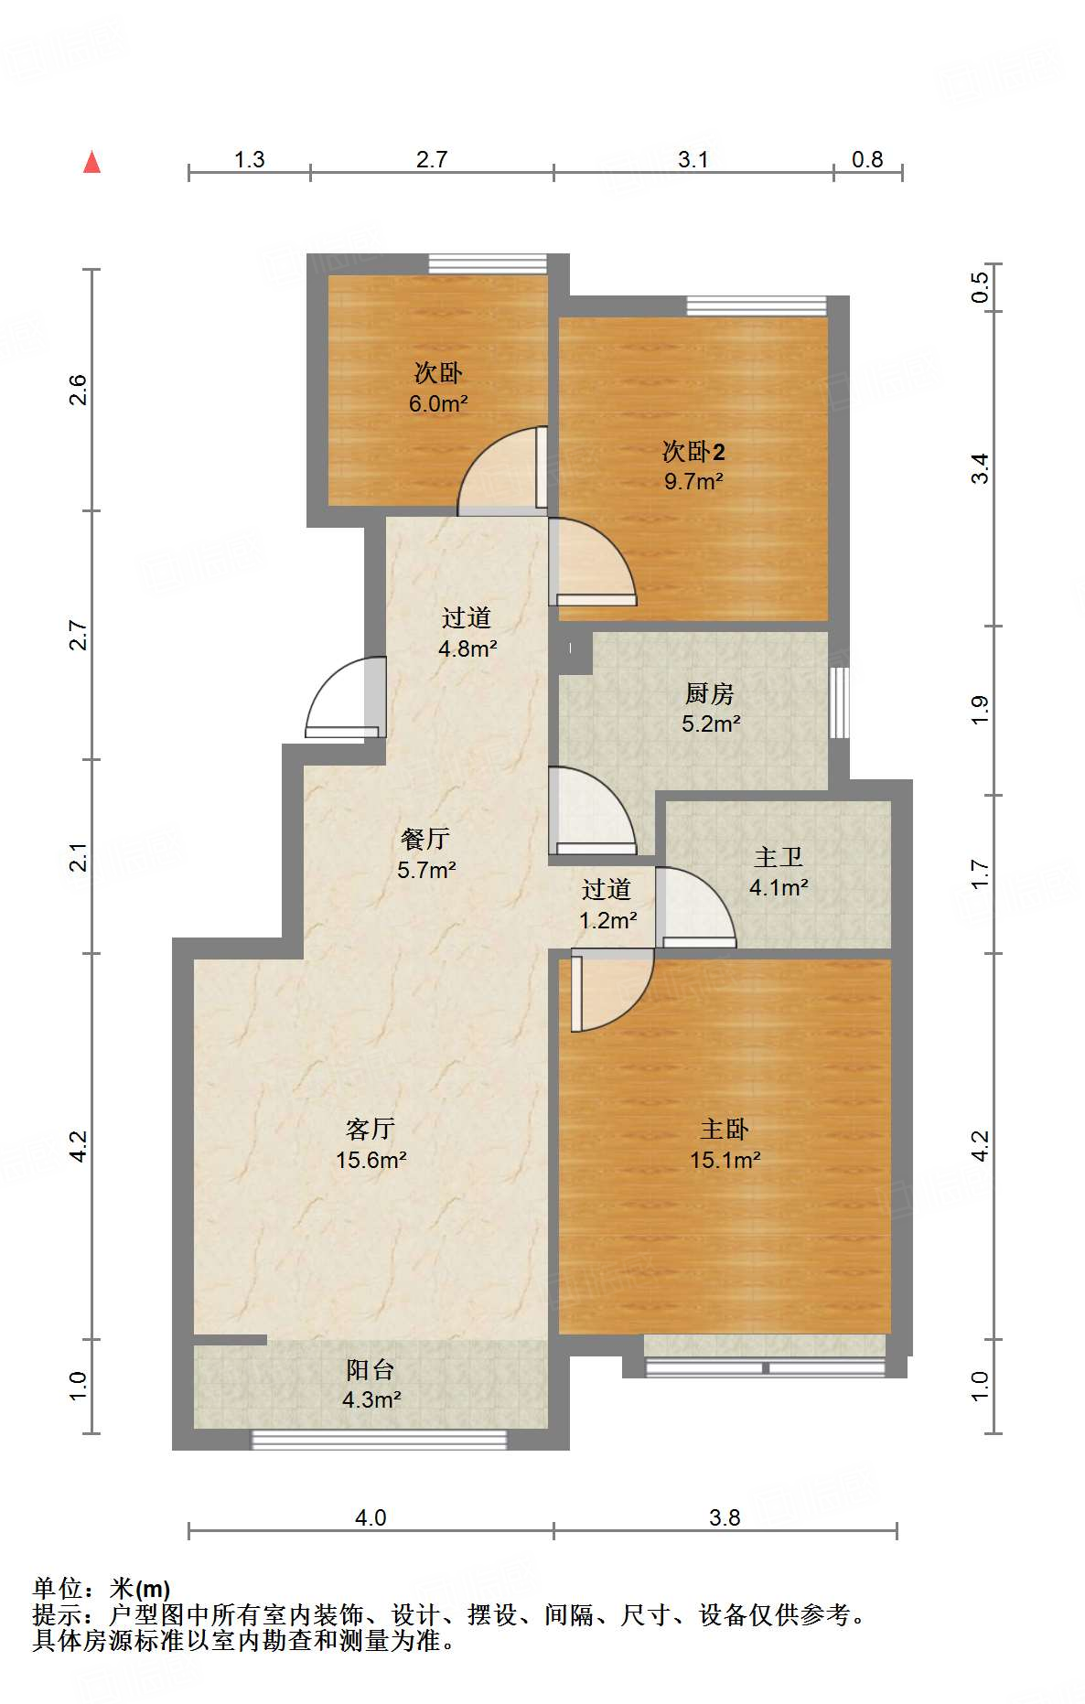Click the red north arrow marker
[91, 162]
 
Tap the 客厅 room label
[370, 1129]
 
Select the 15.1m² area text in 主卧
[725, 1160]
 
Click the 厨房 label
[710, 694]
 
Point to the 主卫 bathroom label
[779, 857]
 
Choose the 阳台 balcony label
[371, 1369]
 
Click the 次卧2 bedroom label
[694, 451]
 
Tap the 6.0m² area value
[438, 403]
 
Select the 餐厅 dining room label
[425, 839]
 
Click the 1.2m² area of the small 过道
[608, 920]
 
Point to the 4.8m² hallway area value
[467, 648]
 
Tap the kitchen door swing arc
[591, 810]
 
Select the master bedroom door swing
[611, 991]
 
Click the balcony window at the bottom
[379, 1440]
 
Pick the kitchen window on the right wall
[839, 702]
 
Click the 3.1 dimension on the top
[693, 159]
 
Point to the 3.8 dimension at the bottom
[725, 1518]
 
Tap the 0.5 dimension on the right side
[980, 288]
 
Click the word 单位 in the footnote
[57, 1589]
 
